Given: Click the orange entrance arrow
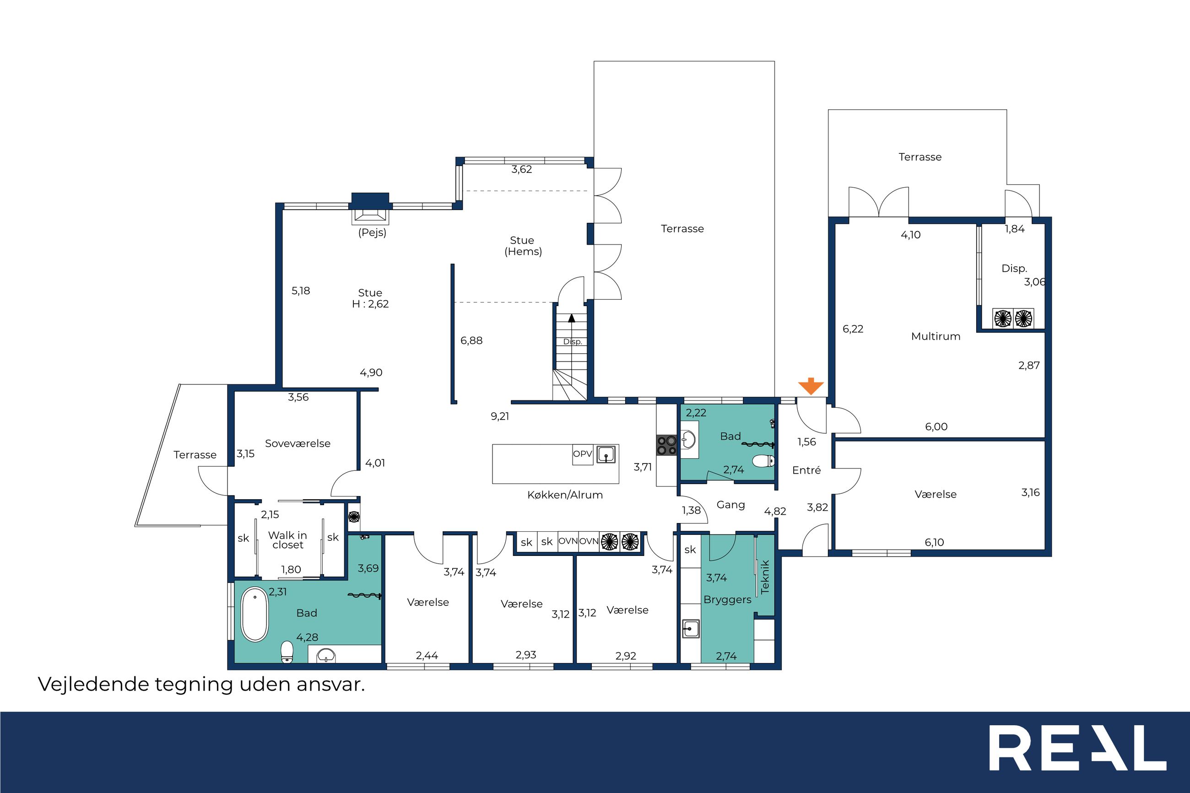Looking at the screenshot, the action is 811,386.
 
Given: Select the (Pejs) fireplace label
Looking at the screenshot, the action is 372,232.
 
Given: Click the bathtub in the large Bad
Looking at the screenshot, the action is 254,615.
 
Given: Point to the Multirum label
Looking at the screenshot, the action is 936,336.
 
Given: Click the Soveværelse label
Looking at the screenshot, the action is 297,443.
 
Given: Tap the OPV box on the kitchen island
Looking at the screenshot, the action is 582,454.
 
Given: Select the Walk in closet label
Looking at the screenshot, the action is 287,539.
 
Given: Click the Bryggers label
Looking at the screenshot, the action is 727,600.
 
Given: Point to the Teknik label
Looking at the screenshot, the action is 765,577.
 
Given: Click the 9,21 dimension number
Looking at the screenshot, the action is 500,416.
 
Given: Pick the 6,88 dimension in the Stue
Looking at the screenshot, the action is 471,341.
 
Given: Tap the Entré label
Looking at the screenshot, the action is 806,470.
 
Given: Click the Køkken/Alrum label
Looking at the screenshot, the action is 565,495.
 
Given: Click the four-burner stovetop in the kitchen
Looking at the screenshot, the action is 666,446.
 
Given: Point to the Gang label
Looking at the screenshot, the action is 730,505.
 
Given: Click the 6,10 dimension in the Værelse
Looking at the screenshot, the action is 934,543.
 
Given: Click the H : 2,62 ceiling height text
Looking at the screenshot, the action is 370,304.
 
